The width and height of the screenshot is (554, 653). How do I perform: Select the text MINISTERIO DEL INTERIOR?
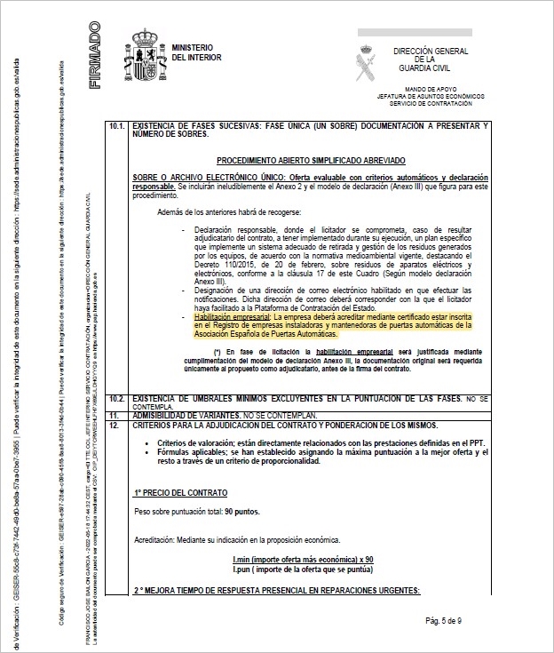[196, 51]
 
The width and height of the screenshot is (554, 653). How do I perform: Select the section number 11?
[114, 414]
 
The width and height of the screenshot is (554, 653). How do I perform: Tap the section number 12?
[114, 426]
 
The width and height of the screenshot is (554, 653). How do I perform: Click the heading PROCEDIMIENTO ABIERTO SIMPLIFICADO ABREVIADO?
[311, 160]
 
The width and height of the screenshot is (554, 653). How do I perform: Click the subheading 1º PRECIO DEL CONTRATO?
[180, 491]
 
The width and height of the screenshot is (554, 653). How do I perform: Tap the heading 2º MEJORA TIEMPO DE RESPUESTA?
[275, 591]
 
